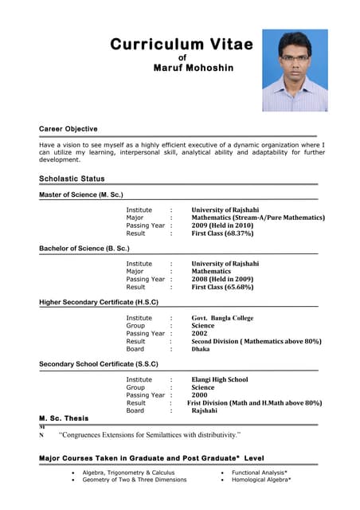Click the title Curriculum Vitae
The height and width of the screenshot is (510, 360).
pos(182,44)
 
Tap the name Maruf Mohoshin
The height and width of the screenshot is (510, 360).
pos(194,68)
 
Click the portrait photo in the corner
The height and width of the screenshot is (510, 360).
pos(295,70)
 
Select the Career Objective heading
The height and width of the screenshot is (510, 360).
pos(68,128)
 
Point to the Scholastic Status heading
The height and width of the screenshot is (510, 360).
pos(72,178)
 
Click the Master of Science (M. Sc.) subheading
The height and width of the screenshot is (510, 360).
pos(81,194)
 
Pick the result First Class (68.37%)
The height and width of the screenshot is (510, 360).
pos(222,233)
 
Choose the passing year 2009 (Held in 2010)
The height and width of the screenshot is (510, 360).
pos(222,226)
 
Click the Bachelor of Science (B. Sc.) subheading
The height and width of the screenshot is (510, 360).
pos(84,249)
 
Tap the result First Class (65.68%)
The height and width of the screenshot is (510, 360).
pos(222,287)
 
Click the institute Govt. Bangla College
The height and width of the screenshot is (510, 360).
pos(222,318)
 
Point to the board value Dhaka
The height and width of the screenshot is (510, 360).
pos(201,349)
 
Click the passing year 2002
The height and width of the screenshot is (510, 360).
pos(199,333)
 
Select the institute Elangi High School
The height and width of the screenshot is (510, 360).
pos(219,379)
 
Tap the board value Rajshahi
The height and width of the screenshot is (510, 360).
pos(205,410)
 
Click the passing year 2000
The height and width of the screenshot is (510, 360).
pos(199,395)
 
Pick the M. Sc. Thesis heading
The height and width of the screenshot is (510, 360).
pos(64,418)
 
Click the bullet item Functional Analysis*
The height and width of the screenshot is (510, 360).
pos(260,473)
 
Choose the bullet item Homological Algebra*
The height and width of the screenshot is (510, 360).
pos(261,480)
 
